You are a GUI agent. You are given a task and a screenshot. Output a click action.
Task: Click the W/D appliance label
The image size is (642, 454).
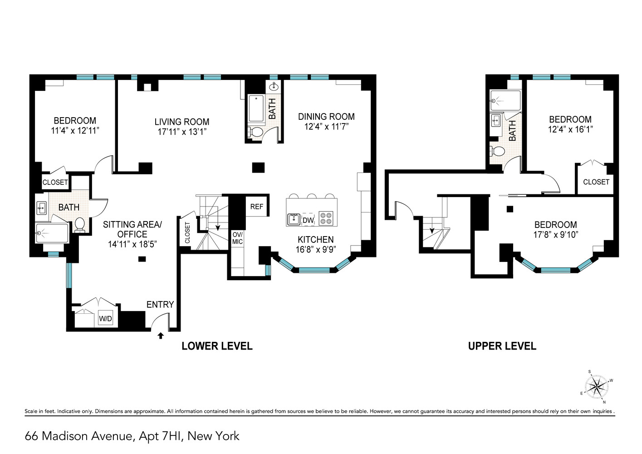pyautogui.click(x=105, y=319)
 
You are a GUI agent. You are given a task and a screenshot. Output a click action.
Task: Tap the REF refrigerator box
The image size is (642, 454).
pyautogui.click(x=257, y=207)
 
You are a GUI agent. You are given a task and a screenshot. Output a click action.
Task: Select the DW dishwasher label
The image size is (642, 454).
pyautogui.click(x=308, y=220)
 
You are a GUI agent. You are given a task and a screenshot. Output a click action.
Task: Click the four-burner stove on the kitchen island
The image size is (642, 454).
pyautogui.click(x=325, y=218)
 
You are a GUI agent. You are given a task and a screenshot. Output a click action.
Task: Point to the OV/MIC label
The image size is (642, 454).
pyautogui.click(x=237, y=238)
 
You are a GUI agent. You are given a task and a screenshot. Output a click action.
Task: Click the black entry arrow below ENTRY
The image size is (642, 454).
pyautogui.click(x=160, y=336)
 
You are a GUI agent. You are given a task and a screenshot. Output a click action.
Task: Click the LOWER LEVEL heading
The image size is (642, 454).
pyautogui.click(x=217, y=346)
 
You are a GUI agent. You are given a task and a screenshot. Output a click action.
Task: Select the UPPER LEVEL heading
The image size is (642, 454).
pyautogui.click(x=502, y=346)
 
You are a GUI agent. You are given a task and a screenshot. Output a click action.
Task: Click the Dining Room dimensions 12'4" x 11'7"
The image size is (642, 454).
pyautogui.click(x=326, y=127)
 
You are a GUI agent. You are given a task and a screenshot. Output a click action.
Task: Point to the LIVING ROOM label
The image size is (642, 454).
pyautogui.click(x=182, y=122)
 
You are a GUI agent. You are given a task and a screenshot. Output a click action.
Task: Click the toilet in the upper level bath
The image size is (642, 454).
pyautogui.click(x=498, y=151)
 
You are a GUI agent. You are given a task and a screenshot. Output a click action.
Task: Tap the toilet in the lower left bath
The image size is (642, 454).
pyautogui.click(x=80, y=225)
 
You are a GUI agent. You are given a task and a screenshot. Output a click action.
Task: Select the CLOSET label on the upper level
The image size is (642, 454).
pyautogui.click(x=596, y=182)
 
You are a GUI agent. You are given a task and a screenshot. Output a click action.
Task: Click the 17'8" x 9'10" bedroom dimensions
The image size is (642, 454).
pyautogui.click(x=555, y=235)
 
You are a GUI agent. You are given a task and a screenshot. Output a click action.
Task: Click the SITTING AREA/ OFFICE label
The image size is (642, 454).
pyautogui.click(x=132, y=229)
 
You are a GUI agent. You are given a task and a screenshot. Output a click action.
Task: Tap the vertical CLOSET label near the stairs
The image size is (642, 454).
pyautogui.click(x=187, y=232)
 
